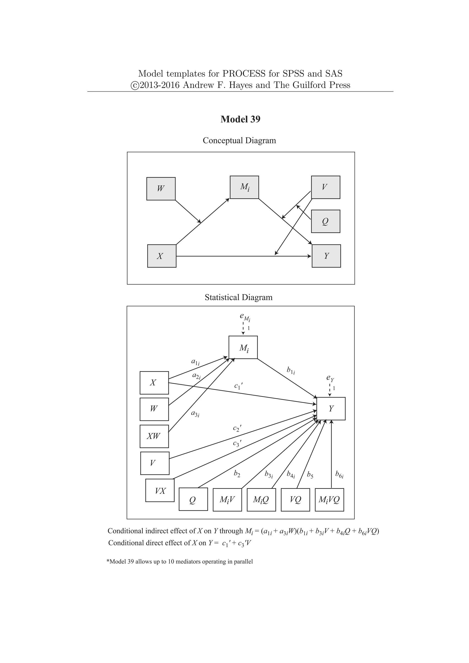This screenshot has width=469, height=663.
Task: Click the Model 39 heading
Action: pos(240,119)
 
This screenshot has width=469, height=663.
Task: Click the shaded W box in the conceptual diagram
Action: pos(161,189)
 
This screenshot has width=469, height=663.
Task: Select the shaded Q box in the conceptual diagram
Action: pos(325,221)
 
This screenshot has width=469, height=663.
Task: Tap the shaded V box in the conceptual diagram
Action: pos(325,187)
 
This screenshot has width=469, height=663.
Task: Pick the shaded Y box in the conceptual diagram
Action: pos(326,256)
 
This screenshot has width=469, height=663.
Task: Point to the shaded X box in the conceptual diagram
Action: pos(162,256)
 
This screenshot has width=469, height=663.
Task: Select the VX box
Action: pos(160,490)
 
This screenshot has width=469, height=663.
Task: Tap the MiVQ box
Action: pos(329,500)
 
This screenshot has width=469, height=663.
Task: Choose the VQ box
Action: pos(295,500)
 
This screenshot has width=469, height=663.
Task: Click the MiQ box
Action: pos(261,500)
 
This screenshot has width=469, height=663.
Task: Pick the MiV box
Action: pos(227,500)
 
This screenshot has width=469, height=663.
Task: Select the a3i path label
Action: pos(195,414)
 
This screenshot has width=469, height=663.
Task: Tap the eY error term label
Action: pos(330,378)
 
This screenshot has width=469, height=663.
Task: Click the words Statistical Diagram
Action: pos(239,297)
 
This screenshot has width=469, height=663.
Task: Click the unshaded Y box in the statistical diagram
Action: pos(331,409)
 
